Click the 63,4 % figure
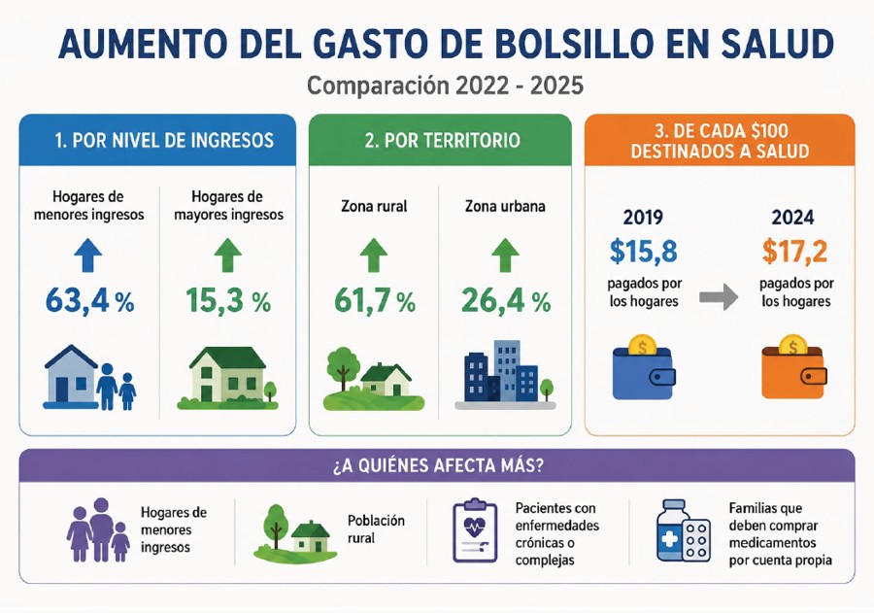(x=89, y=301)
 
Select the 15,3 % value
(x=228, y=301)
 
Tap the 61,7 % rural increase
(x=375, y=301)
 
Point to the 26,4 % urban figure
(x=506, y=301)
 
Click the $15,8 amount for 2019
(x=643, y=251)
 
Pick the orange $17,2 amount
(x=794, y=251)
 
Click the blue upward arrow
(x=88, y=255)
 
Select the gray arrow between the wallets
(x=719, y=296)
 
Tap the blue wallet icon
(x=644, y=367)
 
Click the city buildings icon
(x=505, y=374)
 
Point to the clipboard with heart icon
(x=475, y=529)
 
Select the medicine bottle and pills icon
(x=683, y=530)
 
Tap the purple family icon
(x=99, y=529)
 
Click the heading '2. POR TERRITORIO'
(x=442, y=141)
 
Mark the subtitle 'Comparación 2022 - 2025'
(x=445, y=85)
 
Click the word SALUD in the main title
(x=778, y=44)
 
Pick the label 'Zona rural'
(x=374, y=206)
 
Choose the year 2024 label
(x=792, y=217)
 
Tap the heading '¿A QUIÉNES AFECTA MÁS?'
(x=438, y=465)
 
